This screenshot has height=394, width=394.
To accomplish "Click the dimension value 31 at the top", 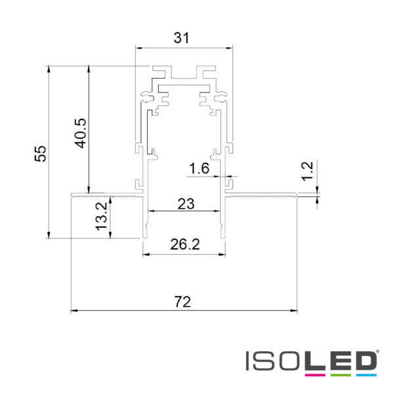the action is pyautogui.click(x=181, y=38).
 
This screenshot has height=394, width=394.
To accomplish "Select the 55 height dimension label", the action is pyautogui.click(x=41, y=154).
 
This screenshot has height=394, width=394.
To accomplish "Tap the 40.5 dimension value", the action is pyautogui.click(x=81, y=133).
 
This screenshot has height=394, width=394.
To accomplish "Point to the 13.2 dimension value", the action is pyautogui.click(x=102, y=217).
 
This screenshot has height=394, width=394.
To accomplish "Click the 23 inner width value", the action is pyautogui.click(x=186, y=204).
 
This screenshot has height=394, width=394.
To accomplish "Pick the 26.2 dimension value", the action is pyautogui.click(x=185, y=244).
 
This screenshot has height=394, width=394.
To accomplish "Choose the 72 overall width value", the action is pyautogui.click(x=183, y=302).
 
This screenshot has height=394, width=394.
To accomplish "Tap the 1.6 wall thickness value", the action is pyautogui.click(x=199, y=168).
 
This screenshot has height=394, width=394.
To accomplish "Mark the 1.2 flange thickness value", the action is pyautogui.click(x=307, y=171).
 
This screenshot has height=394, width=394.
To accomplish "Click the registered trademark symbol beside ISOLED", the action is pyautogui.click(x=378, y=351).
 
